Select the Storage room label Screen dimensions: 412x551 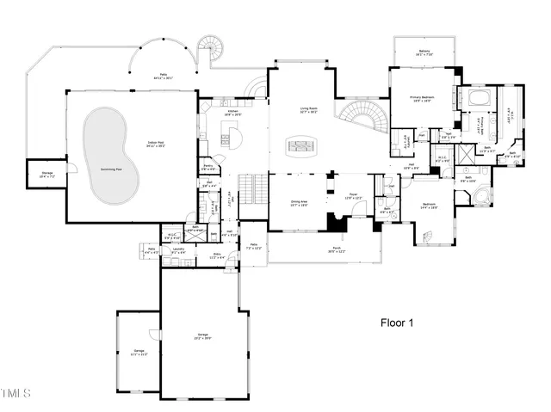point(47,175)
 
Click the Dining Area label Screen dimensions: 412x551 point(299,202)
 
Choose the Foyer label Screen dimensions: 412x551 point(353,198)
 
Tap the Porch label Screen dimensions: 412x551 point(336,249)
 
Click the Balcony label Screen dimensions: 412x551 point(424,52)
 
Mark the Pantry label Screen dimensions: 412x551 point(208,167)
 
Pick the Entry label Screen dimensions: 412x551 point(216,255)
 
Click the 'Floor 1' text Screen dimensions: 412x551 point(398,323)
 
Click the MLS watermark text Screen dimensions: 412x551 point(15,394)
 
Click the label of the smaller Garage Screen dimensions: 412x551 point(139,352)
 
